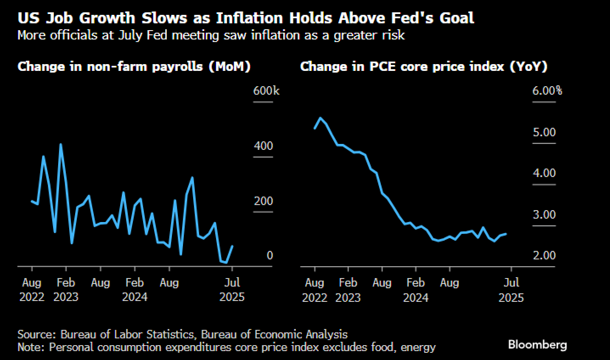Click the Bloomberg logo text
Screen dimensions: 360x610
point(537,344)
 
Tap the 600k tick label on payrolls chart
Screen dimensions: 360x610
point(266,91)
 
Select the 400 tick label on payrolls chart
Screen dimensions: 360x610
point(263,146)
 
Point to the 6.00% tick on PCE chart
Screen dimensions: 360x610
point(547,91)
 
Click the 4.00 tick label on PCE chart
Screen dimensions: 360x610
point(544,173)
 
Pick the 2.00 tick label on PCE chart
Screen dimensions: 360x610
point(544,256)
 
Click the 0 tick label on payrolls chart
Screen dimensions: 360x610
point(270,256)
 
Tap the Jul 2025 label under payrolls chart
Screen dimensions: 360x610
point(232,290)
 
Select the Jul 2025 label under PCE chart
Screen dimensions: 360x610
point(511,290)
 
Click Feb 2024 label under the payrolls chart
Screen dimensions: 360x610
point(135,290)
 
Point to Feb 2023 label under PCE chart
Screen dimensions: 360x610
point(348,290)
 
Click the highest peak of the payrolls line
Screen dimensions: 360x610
point(61,144)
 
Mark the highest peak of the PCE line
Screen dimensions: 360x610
point(320,118)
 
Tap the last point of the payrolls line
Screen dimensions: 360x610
point(232,246)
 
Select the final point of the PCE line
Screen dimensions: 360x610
point(506,234)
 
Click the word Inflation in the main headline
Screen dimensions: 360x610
point(249,18)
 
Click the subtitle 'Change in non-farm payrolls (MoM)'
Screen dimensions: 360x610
point(134,67)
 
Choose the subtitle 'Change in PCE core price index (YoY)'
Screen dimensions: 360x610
point(424,67)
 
